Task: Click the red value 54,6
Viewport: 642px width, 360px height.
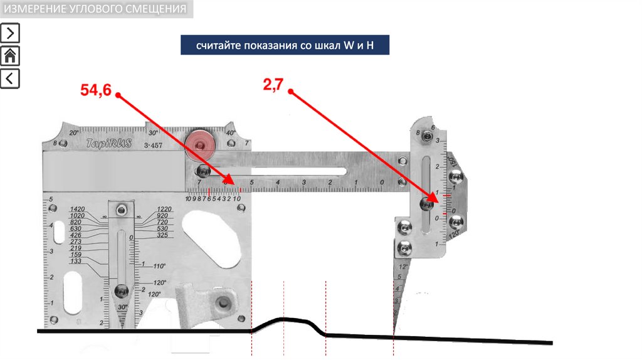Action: (95, 90)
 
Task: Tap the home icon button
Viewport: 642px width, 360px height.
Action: (10, 56)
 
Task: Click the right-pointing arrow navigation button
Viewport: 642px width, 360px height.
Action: (10, 33)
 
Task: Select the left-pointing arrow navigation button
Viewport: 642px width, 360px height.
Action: (10, 78)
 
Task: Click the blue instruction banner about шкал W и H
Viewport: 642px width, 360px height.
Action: (285, 46)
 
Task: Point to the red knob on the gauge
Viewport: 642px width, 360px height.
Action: (200, 145)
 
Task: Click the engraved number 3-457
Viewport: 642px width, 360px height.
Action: (154, 146)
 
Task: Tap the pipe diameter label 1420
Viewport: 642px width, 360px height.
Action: (78, 209)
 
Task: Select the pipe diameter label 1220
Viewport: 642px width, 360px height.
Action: (164, 209)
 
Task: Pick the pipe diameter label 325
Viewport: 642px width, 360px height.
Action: (163, 235)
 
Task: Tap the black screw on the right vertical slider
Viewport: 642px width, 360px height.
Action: (429, 203)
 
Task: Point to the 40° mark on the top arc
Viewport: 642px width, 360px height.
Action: (230, 133)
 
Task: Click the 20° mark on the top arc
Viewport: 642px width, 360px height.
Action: (73, 133)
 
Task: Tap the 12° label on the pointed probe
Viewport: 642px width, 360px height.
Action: (404, 267)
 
